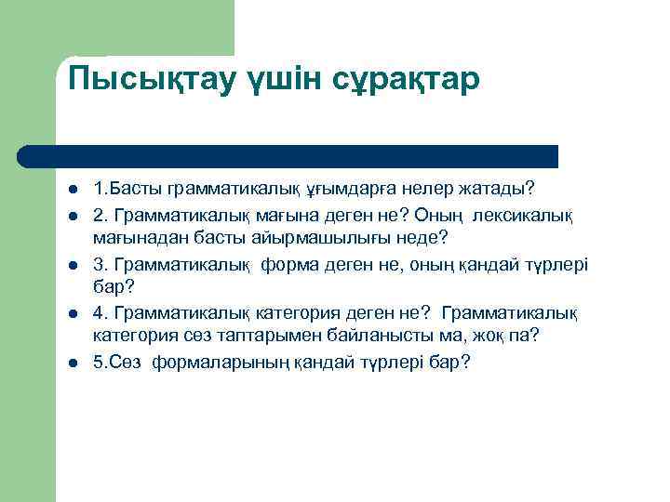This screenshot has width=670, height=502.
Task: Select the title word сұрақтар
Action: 406,79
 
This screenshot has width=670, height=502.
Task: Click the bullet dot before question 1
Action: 72,191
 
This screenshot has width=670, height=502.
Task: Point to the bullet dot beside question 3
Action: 72,267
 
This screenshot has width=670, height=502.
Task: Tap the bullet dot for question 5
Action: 72,363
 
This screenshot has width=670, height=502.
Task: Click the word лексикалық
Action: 523,215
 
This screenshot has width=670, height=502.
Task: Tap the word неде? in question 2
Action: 423,238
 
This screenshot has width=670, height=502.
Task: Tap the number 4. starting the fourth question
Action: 100,311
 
